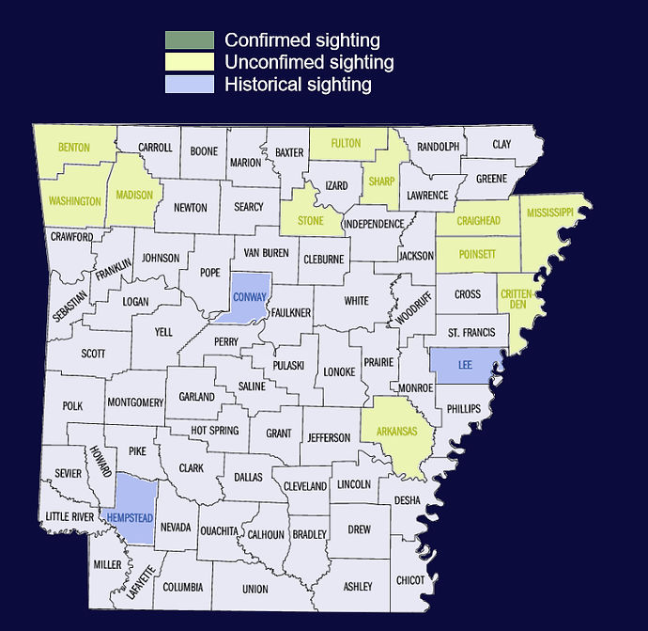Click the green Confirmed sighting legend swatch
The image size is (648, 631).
[189, 40]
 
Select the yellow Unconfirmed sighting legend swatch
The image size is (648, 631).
[189, 63]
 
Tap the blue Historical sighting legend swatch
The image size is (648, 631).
[189, 85]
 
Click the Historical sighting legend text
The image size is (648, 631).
[299, 85]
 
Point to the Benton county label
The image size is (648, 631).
[73, 148]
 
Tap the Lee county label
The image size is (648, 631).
[464, 363]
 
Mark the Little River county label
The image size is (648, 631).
[69, 517]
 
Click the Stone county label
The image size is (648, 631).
[310, 221]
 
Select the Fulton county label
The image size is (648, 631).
[346, 144]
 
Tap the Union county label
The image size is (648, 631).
[255, 590]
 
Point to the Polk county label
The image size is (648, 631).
[72, 406]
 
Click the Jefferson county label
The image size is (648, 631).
[328, 437]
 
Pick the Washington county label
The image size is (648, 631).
[75, 201]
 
